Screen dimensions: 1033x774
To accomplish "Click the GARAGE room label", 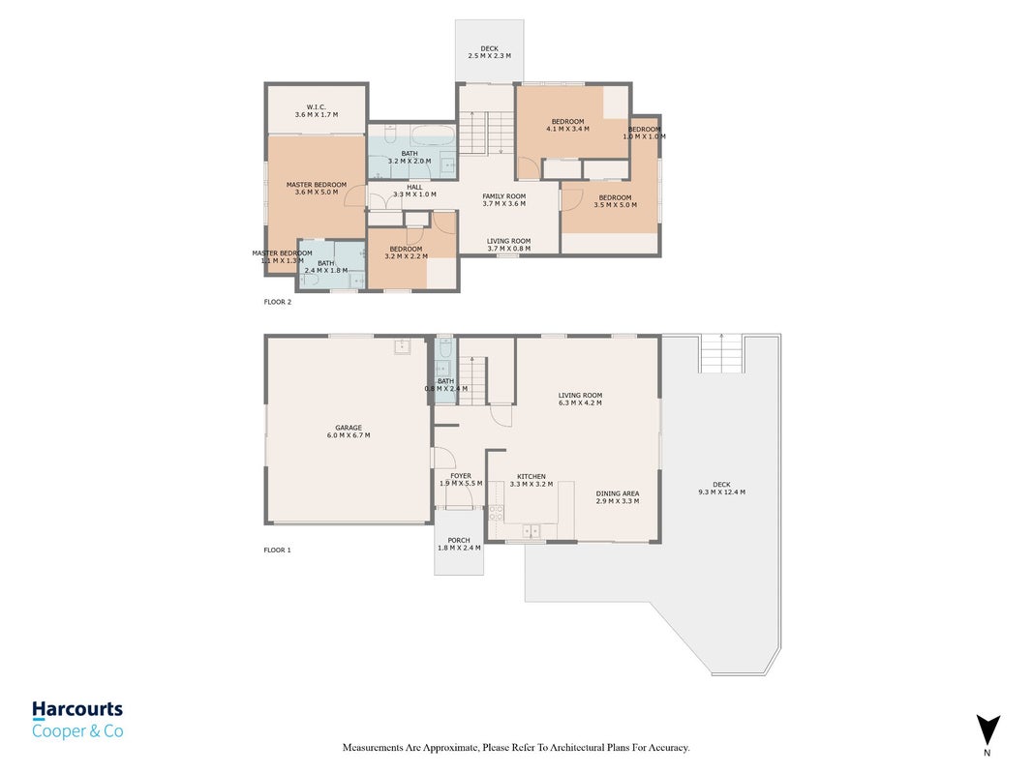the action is click(x=349, y=428).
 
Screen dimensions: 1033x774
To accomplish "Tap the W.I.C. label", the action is click(x=317, y=107).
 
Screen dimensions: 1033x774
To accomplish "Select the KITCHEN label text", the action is click(x=531, y=477).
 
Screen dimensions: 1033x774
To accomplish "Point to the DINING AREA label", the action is click(x=618, y=493).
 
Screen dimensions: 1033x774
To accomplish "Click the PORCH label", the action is click(x=459, y=541).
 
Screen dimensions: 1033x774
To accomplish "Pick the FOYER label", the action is click(x=461, y=476).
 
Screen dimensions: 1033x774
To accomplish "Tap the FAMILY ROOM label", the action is click(x=504, y=196).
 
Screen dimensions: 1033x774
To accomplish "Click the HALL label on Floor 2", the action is click(x=414, y=187).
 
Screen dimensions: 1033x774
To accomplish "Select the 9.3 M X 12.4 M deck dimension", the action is click(x=722, y=492).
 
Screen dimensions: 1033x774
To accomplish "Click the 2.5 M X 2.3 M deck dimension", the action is click(x=490, y=56).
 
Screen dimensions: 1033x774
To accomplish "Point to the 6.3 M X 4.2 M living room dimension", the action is click(x=581, y=402).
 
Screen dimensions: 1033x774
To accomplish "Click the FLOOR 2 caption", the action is click(x=277, y=302).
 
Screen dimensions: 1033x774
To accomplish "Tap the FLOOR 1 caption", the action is click(x=277, y=551).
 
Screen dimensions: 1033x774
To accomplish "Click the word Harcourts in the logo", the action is click(x=77, y=709).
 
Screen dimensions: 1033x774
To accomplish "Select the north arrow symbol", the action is click(x=987, y=730).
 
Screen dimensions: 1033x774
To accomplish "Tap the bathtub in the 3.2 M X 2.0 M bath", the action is click(x=432, y=136).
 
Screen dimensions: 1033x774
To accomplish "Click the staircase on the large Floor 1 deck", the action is click(x=722, y=353).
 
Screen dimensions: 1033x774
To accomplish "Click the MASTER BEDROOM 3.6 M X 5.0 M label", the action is click(x=317, y=189).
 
